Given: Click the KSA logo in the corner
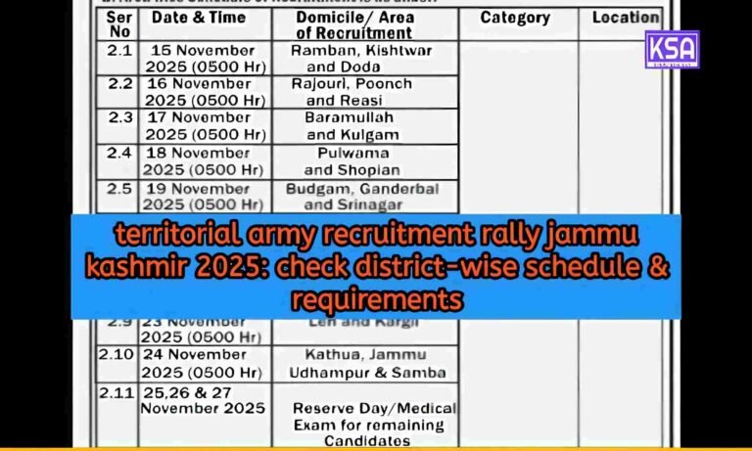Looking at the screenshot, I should point(672,49).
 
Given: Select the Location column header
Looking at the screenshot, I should point(625,18).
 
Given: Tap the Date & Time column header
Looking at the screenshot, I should point(200,19).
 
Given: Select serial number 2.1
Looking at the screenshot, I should point(118,50).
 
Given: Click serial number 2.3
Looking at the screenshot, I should point(118,117).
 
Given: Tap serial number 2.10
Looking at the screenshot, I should point(117,353).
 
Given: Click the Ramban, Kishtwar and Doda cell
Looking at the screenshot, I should point(362,58).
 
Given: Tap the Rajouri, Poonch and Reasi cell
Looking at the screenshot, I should point(362,92).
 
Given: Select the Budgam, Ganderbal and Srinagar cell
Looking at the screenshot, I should point(362,196).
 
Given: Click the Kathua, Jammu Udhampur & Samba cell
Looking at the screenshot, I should point(367,362).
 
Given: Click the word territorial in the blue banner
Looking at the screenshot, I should point(170,236).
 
